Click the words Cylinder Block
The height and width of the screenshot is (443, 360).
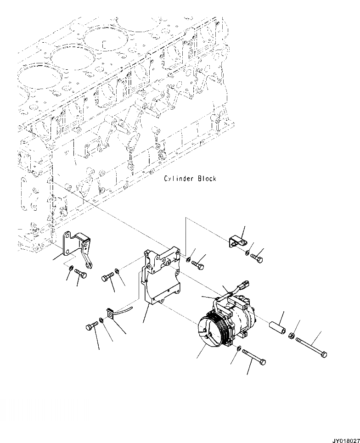tap(190, 178)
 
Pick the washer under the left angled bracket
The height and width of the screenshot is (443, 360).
tap(72, 268)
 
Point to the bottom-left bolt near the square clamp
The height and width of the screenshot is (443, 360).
tap(91, 327)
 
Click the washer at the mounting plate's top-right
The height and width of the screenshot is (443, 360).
tap(189, 260)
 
